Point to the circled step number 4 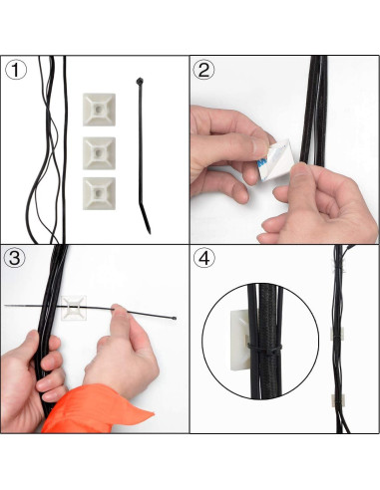click(x=204, y=258)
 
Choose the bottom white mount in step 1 click(x=101, y=192)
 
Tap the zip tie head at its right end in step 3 click(x=177, y=320)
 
